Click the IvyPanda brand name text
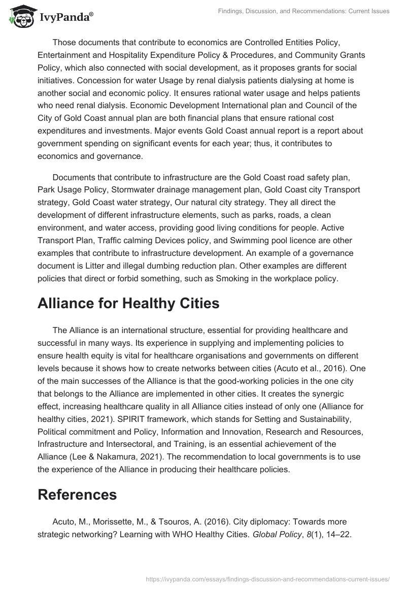coord(66,17)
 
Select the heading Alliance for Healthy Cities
coord(128,303)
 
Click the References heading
coord(77,494)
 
